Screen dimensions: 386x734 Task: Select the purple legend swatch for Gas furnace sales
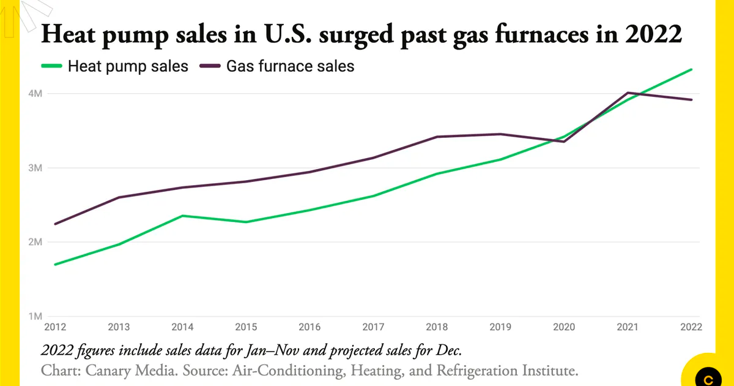210,66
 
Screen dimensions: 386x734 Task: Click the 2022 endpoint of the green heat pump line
691,70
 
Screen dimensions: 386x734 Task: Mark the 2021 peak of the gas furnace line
628,93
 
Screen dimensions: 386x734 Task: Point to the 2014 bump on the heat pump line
182,216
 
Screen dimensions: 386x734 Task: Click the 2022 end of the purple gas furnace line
691,100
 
